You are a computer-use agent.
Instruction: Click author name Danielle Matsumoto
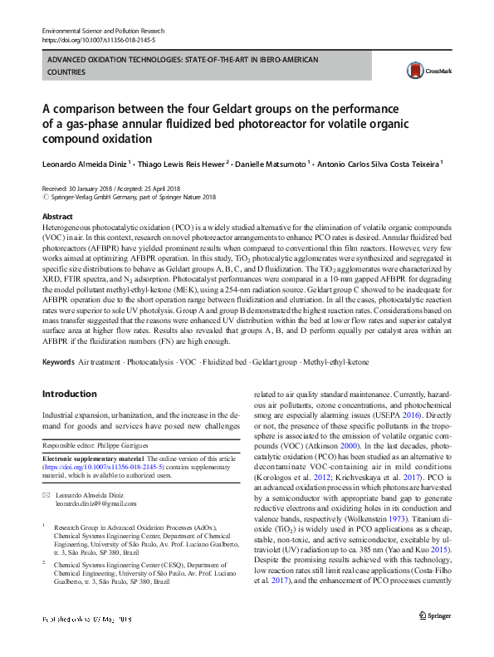pyautogui.click(x=270, y=164)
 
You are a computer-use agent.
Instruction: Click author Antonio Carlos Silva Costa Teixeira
pyautogui.click(x=379, y=164)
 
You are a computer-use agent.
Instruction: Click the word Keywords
pyautogui.click(x=58, y=363)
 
